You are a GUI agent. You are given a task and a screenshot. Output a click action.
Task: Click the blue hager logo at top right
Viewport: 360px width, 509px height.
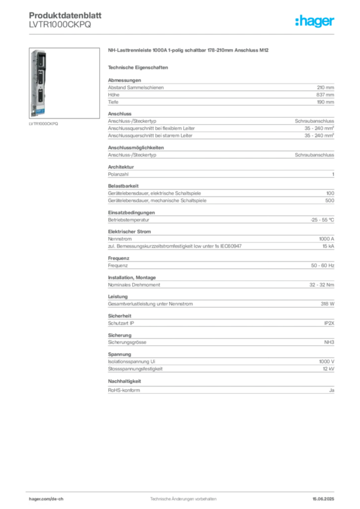(x=315, y=21)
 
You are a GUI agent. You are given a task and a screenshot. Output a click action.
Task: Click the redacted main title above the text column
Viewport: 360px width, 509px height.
(x=189, y=50)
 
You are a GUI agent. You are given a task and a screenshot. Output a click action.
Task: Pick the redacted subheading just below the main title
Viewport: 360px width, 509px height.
(x=139, y=67)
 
